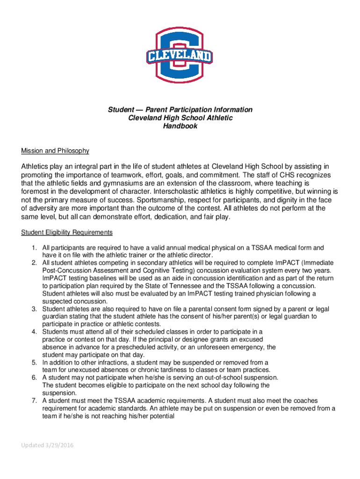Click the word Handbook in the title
(180, 126)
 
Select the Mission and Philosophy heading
(55, 151)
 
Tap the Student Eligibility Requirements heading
(67, 232)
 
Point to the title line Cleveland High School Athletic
(180, 118)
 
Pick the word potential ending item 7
(158, 416)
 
